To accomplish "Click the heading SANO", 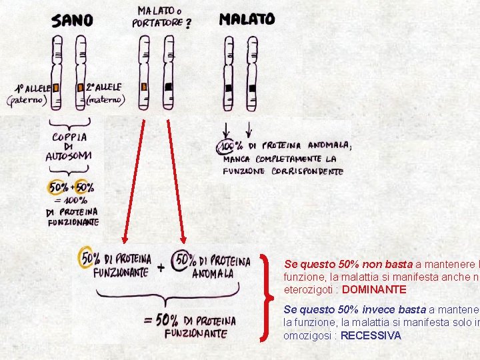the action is (72, 21).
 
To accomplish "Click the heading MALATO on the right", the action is (247, 20).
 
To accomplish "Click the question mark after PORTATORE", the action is (189, 24).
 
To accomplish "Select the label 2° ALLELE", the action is (104, 87).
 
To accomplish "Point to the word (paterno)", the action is (27, 100).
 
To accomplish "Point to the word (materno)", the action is (106, 100).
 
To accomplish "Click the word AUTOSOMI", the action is (69, 157).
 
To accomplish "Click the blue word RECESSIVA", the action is (371, 336).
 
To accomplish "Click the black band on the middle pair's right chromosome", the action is (169, 87).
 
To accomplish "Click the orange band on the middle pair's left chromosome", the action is (143, 87).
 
